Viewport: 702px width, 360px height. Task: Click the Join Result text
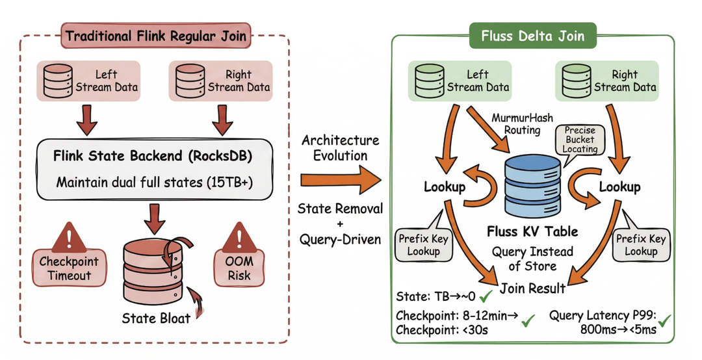point(533,287)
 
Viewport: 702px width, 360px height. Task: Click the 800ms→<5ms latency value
point(619,330)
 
